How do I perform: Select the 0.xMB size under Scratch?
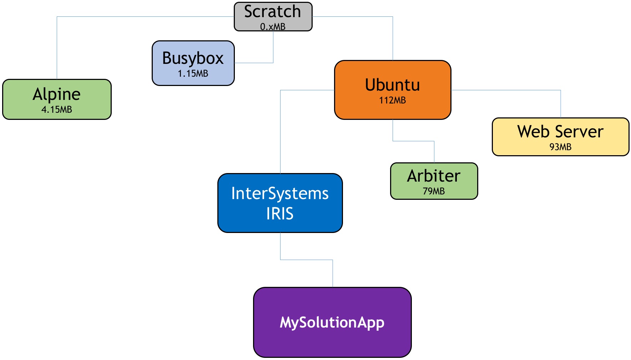(x=273, y=27)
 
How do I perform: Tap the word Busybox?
(x=193, y=58)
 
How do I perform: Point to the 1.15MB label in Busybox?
(x=193, y=73)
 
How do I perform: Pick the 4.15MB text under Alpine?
(x=57, y=110)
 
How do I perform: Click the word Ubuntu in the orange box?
(x=392, y=85)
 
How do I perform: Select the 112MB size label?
(x=392, y=100)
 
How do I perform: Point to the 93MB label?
(x=560, y=147)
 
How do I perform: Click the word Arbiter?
(x=434, y=176)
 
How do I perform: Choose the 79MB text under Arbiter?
(x=434, y=191)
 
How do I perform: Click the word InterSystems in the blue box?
(x=280, y=193)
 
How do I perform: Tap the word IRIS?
(x=280, y=214)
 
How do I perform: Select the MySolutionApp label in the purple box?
(x=332, y=322)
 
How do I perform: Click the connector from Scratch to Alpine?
(x=143, y=16)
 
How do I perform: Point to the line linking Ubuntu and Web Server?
(x=507, y=90)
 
